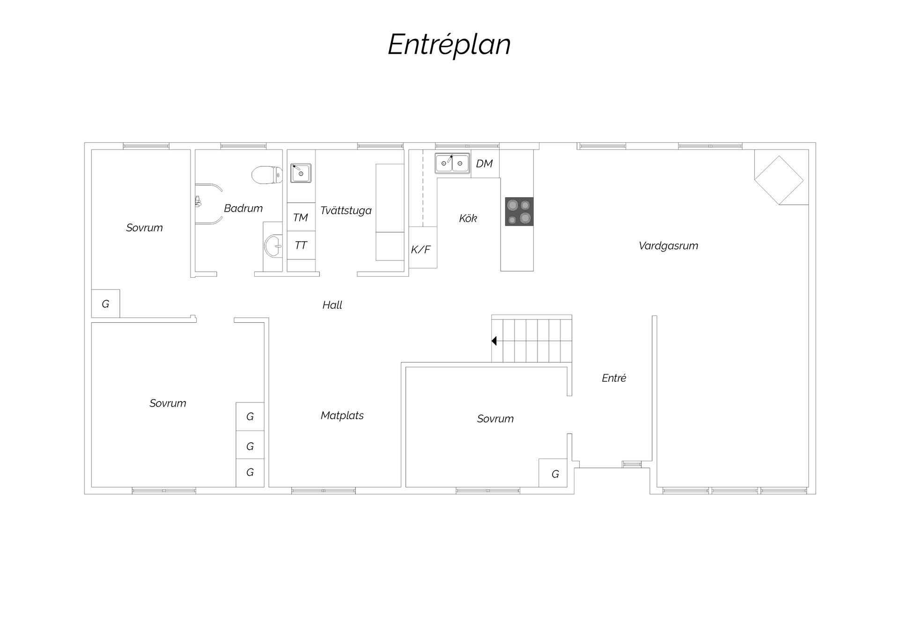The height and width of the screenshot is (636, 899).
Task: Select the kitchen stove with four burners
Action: [x=519, y=212]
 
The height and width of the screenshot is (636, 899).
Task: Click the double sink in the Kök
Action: [x=452, y=163]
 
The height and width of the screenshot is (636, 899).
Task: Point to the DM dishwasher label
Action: [x=484, y=163]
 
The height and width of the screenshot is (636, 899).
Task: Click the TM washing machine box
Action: [x=301, y=217]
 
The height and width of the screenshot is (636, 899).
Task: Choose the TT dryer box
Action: [x=301, y=245]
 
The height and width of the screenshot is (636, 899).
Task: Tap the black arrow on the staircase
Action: [x=494, y=341]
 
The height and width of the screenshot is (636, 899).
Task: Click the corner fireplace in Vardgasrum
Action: [x=779, y=180]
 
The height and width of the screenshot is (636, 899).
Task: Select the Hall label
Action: [x=332, y=305]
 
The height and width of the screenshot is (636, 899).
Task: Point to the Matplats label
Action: [x=342, y=415]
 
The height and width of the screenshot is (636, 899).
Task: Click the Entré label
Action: [x=614, y=378]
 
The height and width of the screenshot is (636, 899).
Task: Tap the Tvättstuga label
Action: [x=346, y=210]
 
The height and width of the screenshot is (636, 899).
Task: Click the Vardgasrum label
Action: [x=668, y=246]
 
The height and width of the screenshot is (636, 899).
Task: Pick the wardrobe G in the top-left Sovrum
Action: [x=105, y=304]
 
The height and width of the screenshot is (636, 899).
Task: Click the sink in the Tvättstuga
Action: [x=301, y=173]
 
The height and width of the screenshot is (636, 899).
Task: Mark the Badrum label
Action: [x=243, y=208]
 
